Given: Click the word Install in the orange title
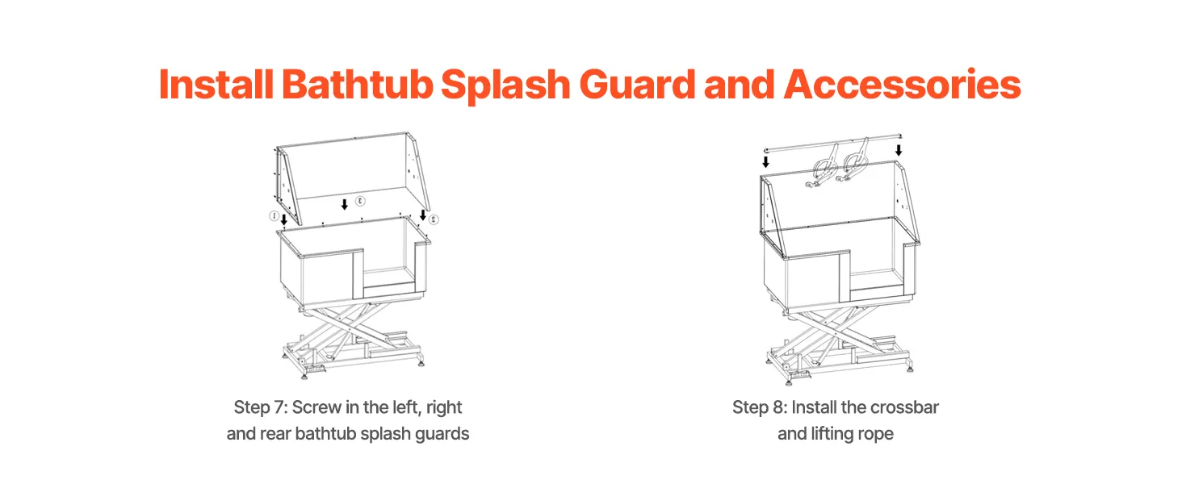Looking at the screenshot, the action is click(x=216, y=85).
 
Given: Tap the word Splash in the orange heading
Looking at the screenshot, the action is click(x=505, y=86).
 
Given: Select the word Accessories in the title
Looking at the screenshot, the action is click(x=903, y=85).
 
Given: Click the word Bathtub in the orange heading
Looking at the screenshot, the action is click(x=357, y=85).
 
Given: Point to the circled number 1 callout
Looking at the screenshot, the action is click(x=274, y=215).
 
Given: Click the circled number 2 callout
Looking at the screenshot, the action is click(x=434, y=219).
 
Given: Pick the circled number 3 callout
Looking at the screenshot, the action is click(x=360, y=201).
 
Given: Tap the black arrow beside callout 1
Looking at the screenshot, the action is click(x=284, y=219).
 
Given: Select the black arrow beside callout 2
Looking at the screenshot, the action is click(x=423, y=215).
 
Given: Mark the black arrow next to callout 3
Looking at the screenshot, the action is click(x=345, y=204).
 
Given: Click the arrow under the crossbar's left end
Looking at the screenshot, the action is click(x=765, y=161).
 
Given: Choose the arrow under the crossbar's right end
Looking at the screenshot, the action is click(x=899, y=150).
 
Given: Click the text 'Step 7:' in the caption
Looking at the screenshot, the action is click(x=261, y=407).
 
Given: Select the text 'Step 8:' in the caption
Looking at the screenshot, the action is click(x=759, y=407).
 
